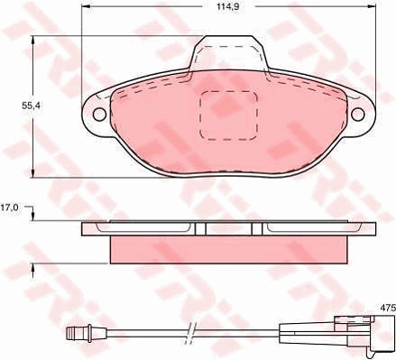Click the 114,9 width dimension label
point(228,6)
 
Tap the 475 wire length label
point(387,308)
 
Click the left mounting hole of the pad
point(99,115)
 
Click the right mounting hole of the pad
point(358,114)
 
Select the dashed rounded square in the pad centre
point(228,115)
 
